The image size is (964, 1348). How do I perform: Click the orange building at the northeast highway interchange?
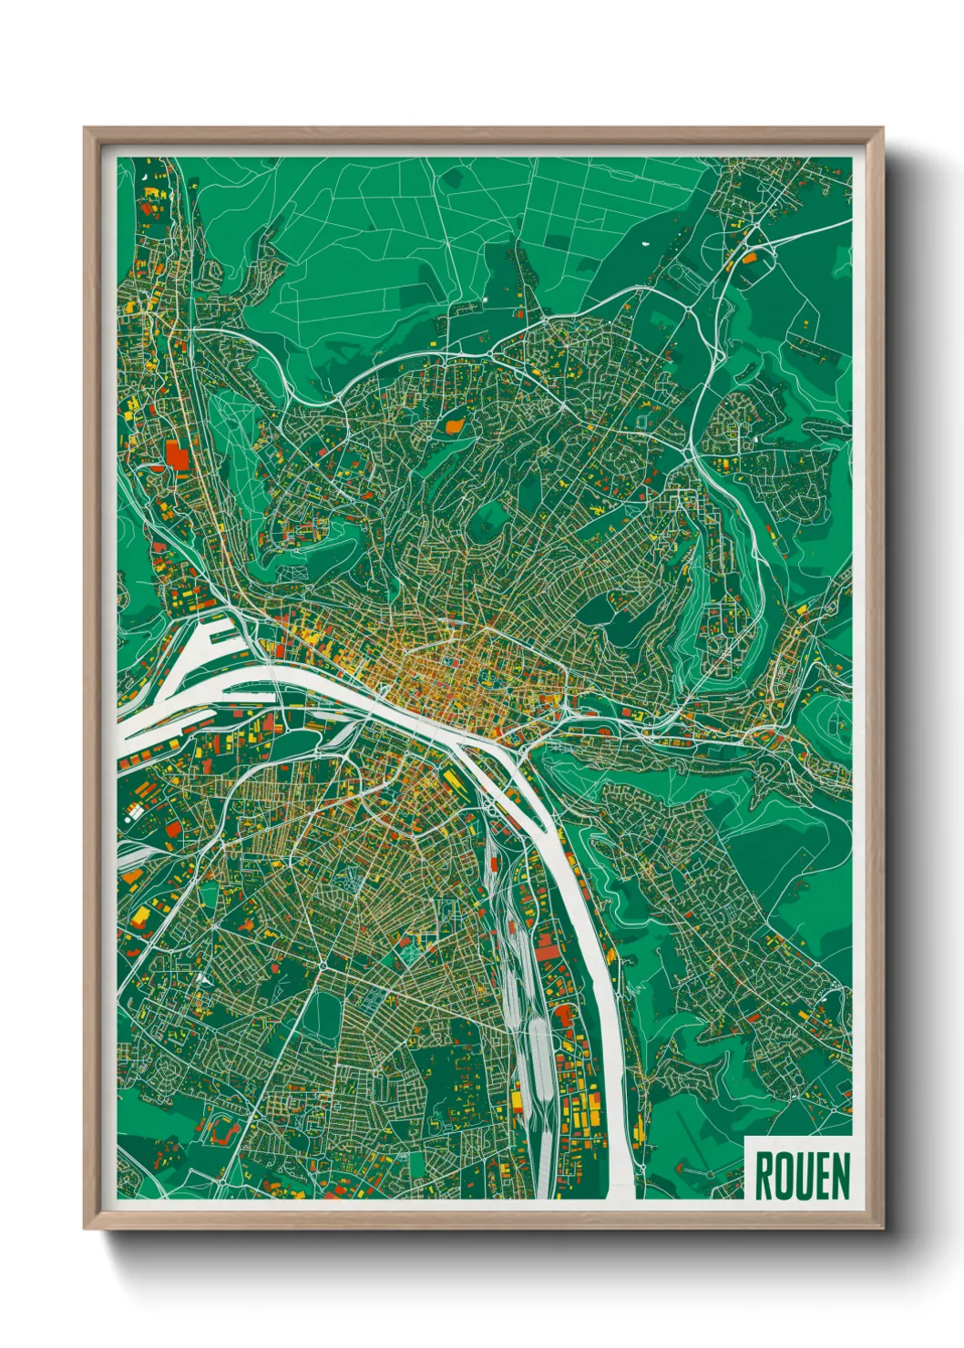click(749, 258)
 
